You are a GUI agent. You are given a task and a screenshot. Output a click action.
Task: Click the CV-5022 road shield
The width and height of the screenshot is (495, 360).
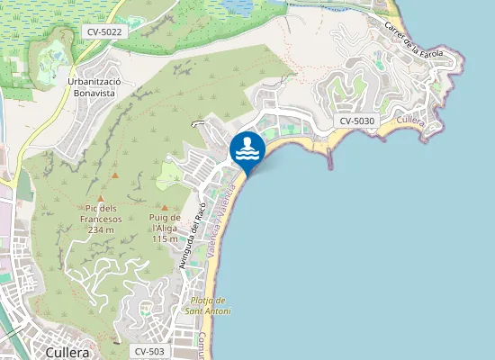[x=104, y=31]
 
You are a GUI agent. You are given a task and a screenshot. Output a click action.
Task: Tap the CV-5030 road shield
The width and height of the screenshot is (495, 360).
[x=357, y=121]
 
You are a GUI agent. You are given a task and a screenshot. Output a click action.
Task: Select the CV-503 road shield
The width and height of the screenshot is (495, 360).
[x=148, y=351]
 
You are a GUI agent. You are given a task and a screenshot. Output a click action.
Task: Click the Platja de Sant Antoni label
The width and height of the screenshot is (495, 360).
[x=207, y=306]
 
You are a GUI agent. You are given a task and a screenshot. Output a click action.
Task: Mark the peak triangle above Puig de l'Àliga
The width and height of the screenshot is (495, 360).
[x=164, y=207]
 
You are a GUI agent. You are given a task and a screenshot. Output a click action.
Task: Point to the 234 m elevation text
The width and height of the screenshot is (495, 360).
[x=101, y=229]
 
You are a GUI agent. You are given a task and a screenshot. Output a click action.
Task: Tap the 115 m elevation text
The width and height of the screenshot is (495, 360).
[x=165, y=238]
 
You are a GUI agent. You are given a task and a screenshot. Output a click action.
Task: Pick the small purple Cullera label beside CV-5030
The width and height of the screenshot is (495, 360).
[x=410, y=121]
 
